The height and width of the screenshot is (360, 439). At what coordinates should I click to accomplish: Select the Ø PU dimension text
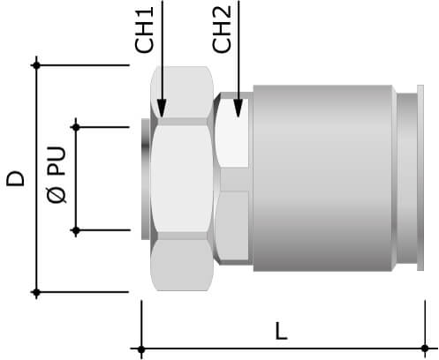(55, 179)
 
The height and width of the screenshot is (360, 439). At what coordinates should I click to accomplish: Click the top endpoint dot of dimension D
(36, 65)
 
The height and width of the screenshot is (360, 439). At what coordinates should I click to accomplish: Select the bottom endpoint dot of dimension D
(36, 292)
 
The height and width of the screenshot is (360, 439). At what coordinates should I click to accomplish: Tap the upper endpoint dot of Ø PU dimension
(77, 127)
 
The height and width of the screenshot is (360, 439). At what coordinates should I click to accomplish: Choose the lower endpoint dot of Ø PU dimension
(77, 231)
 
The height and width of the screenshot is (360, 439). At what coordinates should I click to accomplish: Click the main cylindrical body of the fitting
(322, 176)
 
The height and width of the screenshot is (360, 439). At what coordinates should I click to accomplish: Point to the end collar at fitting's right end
(409, 176)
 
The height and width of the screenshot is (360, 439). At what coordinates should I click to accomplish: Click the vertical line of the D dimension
(36, 221)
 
